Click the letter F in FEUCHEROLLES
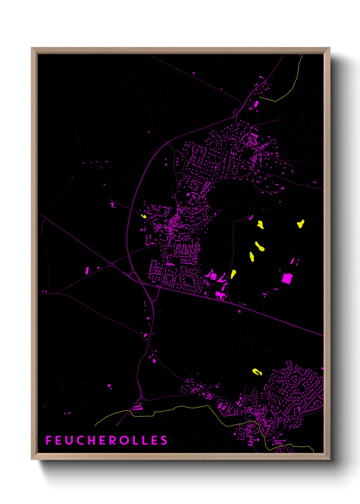coord(48,440)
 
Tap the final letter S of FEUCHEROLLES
coord(164,440)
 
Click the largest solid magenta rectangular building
coord(287,278)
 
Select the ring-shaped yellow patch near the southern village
coord(257,372)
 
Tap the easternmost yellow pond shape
coord(300,223)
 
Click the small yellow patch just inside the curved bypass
coord(144,216)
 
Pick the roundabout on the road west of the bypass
coord(111,264)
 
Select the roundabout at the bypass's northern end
coord(235,116)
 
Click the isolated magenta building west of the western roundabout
coord(87,271)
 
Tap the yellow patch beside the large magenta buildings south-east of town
coord(233,274)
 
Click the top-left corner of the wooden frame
coord(32,48)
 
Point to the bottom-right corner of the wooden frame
coord(329,459)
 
